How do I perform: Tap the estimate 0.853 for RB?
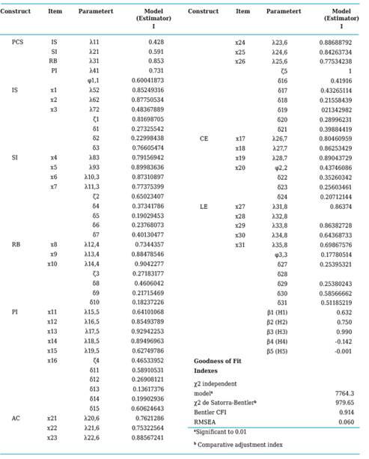coord(162,61)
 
